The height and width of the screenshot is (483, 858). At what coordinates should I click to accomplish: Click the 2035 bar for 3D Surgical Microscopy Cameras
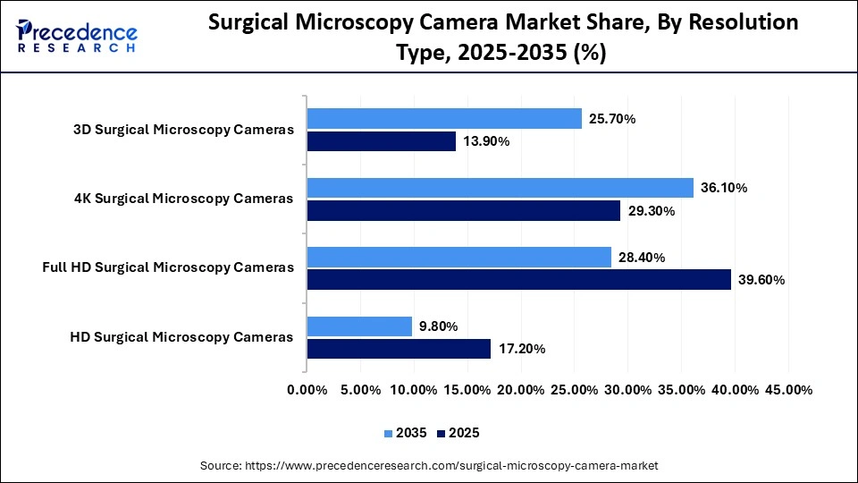click(444, 118)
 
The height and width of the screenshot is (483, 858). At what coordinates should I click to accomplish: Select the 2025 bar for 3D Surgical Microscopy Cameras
click(382, 141)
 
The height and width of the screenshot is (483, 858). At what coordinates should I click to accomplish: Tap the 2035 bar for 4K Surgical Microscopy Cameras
click(500, 188)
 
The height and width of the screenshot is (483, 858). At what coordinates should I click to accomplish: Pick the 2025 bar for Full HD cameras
click(518, 280)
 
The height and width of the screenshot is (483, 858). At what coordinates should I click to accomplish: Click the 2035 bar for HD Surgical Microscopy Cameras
click(359, 326)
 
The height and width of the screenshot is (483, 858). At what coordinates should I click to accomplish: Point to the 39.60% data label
click(761, 280)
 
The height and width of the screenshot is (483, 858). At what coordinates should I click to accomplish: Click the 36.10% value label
click(724, 188)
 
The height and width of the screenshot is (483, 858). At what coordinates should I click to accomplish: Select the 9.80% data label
click(439, 326)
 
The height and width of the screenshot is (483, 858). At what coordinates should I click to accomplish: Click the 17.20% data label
click(521, 349)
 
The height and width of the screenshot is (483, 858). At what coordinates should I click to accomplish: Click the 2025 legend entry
click(458, 433)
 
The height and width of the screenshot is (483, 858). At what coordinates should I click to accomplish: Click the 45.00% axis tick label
click(787, 390)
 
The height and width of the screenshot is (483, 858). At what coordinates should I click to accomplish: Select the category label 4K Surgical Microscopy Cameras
click(183, 199)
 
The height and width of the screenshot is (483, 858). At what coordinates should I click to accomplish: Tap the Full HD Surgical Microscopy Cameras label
click(168, 267)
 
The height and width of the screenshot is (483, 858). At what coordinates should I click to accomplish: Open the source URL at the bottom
click(429, 465)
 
